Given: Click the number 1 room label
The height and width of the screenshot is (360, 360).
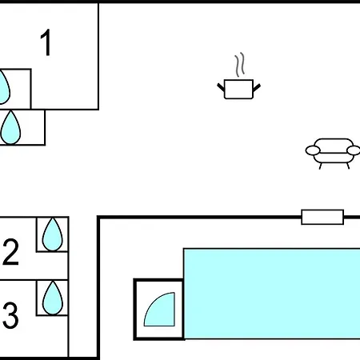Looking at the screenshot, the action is click(x=46, y=42).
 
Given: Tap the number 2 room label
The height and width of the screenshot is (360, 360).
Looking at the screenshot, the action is click(x=10, y=252).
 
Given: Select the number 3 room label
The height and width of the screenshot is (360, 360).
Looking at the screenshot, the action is click(x=10, y=315).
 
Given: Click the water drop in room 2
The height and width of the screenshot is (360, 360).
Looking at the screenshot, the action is click(x=53, y=234).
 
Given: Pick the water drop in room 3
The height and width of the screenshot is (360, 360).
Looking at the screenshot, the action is click(x=53, y=298).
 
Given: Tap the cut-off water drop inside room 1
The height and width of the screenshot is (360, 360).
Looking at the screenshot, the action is click(x=4, y=87).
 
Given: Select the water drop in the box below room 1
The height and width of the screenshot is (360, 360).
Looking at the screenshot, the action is click(x=10, y=128).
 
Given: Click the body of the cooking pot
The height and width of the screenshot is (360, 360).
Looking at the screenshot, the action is click(x=238, y=89).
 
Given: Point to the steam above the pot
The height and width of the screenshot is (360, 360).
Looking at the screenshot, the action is click(x=240, y=64).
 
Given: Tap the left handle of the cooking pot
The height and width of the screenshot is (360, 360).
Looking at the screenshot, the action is click(x=221, y=87).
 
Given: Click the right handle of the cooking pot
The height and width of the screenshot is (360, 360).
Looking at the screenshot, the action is click(x=257, y=87).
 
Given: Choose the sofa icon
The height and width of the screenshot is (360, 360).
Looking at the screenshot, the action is click(x=333, y=154).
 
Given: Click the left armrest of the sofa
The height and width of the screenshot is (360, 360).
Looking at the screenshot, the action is click(x=313, y=150).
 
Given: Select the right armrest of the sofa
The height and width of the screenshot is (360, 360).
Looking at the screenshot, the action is click(x=354, y=150).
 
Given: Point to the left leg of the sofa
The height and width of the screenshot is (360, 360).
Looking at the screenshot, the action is click(x=320, y=166).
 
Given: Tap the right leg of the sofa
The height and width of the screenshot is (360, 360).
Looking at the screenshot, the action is click(x=348, y=166).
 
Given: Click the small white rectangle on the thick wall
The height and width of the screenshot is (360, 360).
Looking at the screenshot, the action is click(x=322, y=217).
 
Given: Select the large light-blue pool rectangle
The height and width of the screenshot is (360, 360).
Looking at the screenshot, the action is click(x=272, y=294).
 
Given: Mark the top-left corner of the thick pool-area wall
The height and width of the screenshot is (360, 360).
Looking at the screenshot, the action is click(x=98, y=217).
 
